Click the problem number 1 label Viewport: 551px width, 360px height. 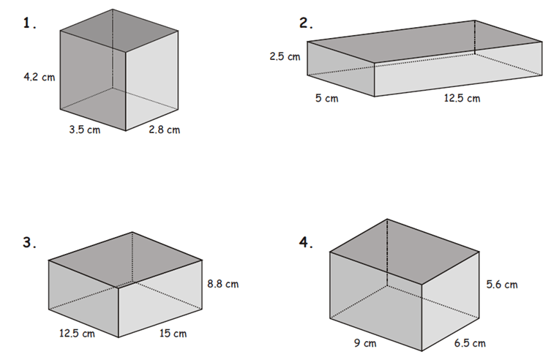pyautogui.click(x=29, y=23)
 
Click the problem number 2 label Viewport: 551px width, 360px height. pyautogui.click(x=306, y=23)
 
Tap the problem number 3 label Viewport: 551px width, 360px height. pyautogui.click(x=29, y=243)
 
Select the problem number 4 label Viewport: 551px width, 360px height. pyautogui.click(x=306, y=242)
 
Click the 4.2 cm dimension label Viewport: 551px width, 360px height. pyautogui.click(x=40, y=77)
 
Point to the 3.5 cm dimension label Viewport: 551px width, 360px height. pyautogui.click(x=85, y=130)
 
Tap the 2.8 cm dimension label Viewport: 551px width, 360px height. pyautogui.click(x=164, y=130)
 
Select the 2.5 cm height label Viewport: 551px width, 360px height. pyautogui.click(x=285, y=56)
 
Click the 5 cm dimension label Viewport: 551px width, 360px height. pyautogui.click(x=327, y=98)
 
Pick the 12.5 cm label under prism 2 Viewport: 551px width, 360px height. pyautogui.click(x=462, y=98)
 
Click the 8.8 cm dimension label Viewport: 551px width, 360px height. pyautogui.click(x=222, y=284)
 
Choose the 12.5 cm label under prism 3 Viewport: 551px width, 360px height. pyautogui.click(x=77, y=333)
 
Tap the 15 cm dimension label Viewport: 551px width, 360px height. pyautogui.click(x=173, y=333)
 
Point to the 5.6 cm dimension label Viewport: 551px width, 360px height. pyautogui.click(x=502, y=285)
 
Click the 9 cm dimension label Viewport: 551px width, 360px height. pyautogui.click(x=365, y=342)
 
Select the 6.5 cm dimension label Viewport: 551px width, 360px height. pyautogui.click(x=470, y=342)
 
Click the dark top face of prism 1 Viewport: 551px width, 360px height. pyautogui.click(x=119, y=31)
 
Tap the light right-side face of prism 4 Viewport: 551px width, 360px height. pyautogui.click(x=451, y=301)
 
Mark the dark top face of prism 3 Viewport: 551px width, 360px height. pyautogui.click(x=125, y=260)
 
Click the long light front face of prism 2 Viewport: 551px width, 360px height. pyautogui.click(x=458, y=70)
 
